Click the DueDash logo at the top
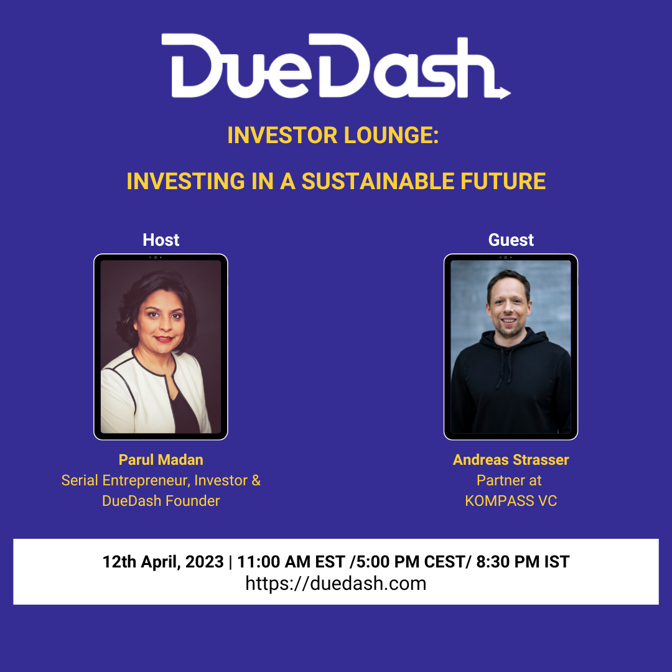(335, 66)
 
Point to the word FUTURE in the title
(503, 181)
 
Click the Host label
(161, 240)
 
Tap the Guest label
(511, 240)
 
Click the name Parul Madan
(161, 460)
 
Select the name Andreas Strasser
(511, 460)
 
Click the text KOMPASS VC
(511, 500)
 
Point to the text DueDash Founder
(161, 500)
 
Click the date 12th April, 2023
(163, 562)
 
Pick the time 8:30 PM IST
(523, 562)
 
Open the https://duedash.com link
(336, 584)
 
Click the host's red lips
(164, 339)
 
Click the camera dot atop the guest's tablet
(505, 258)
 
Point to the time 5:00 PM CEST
(411, 562)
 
